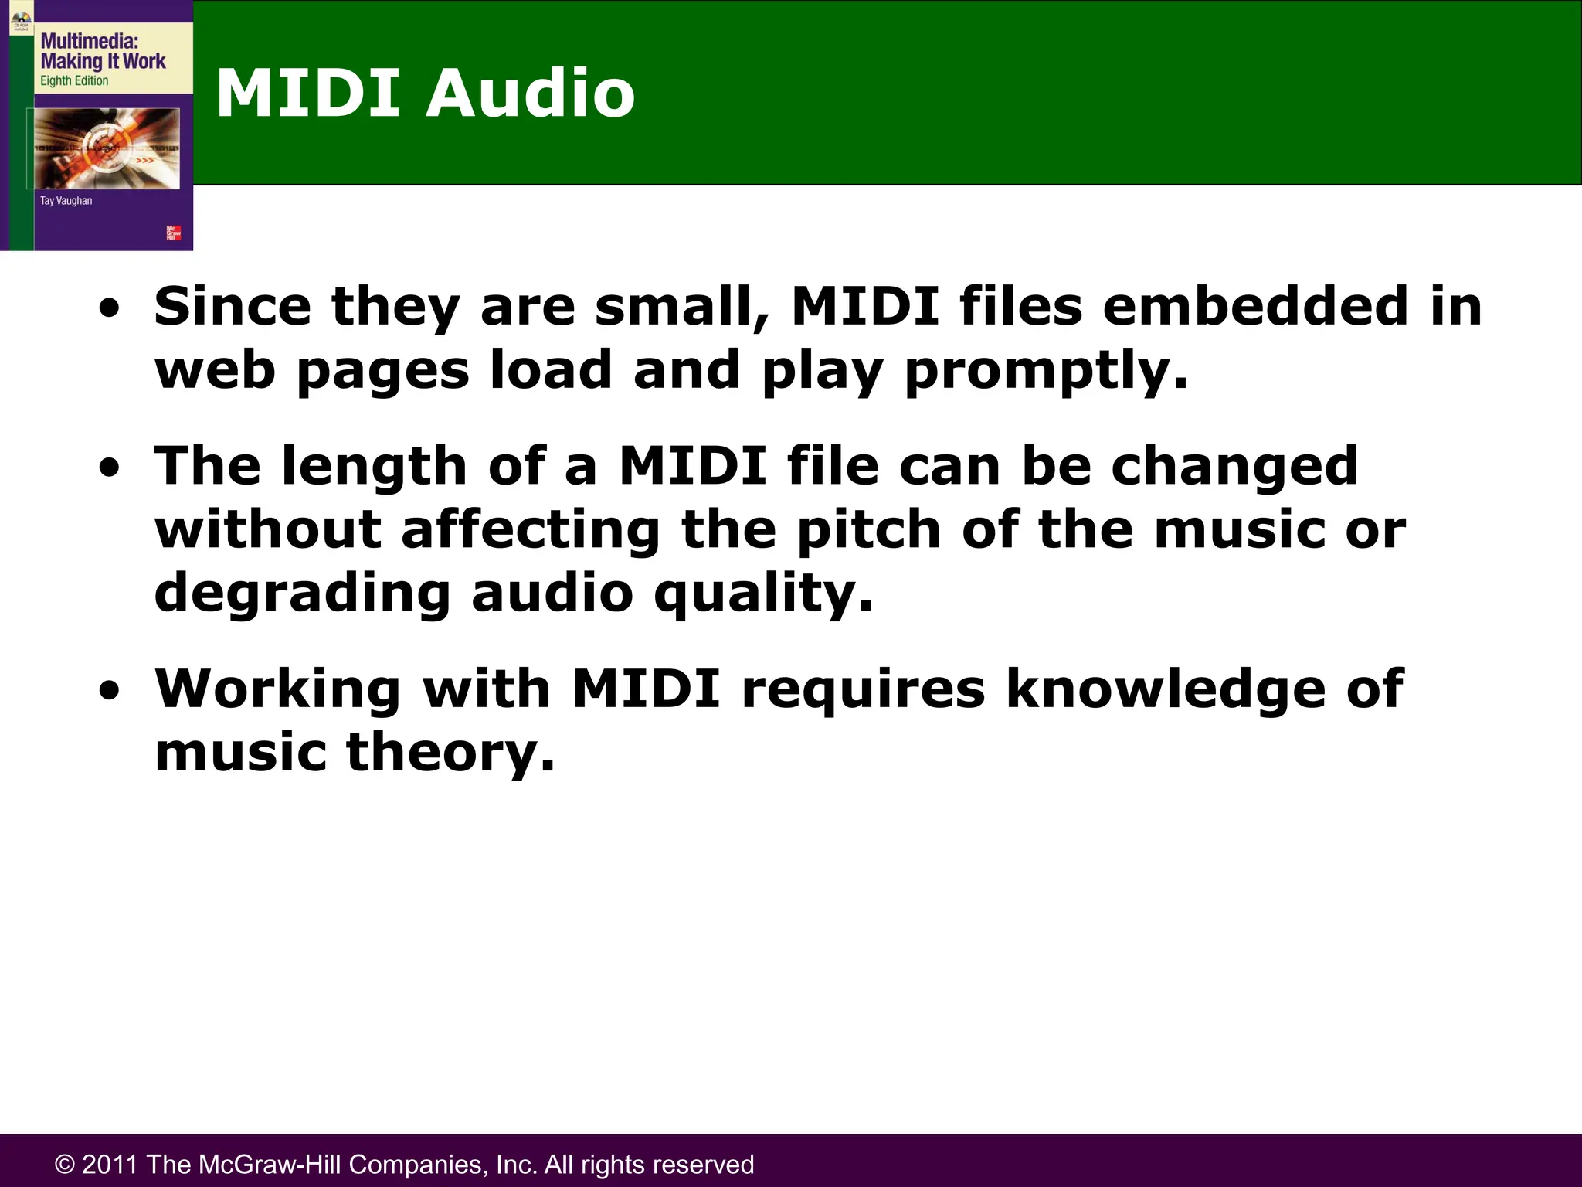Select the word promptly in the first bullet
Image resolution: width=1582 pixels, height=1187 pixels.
(1046, 371)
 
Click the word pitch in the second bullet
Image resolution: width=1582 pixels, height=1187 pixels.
(868, 530)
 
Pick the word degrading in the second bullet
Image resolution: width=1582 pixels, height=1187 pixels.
(302, 593)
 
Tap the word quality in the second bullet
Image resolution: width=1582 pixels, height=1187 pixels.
(763, 593)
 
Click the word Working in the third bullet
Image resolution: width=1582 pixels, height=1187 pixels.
(277, 689)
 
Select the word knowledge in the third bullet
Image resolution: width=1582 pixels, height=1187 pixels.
(1166, 689)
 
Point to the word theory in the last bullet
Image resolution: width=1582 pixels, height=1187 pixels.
(450, 753)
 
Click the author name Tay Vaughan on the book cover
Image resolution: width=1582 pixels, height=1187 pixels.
(66, 201)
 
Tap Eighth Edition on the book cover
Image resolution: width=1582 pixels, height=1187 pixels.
(74, 81)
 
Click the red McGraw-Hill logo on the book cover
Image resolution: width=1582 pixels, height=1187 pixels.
(174, 233)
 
